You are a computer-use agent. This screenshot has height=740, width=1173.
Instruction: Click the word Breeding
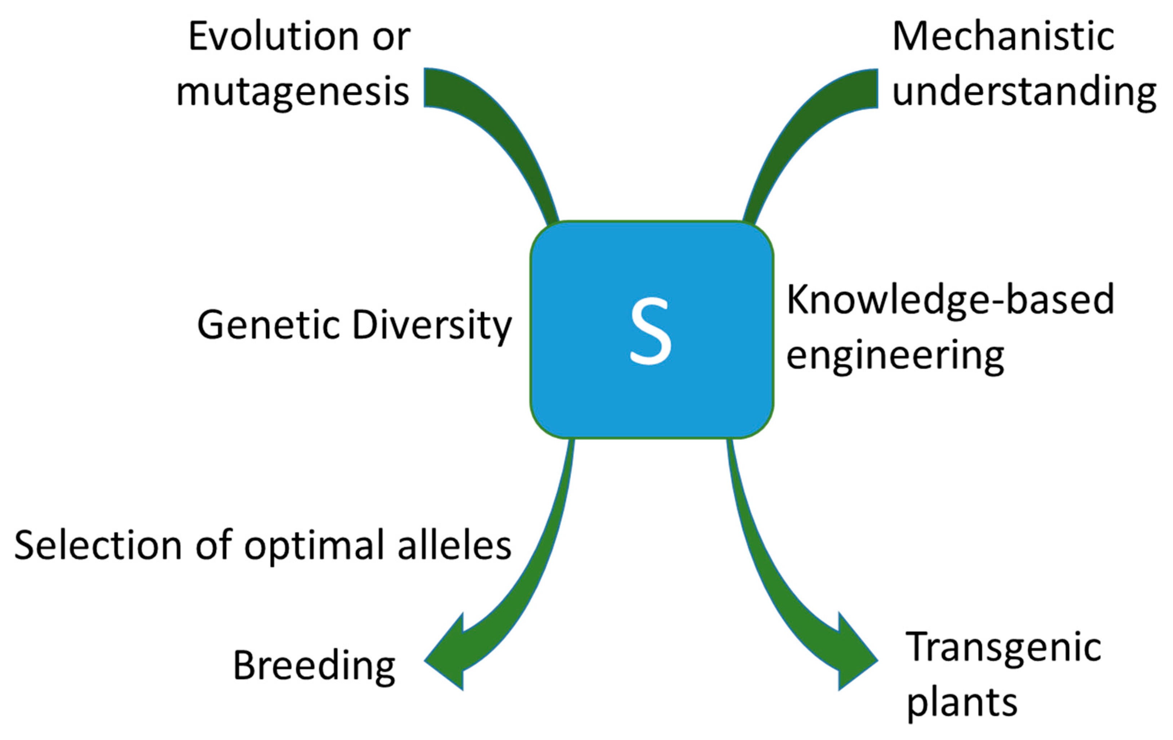click(314, 666)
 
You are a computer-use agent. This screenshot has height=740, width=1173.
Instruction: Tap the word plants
click(962, 702)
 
